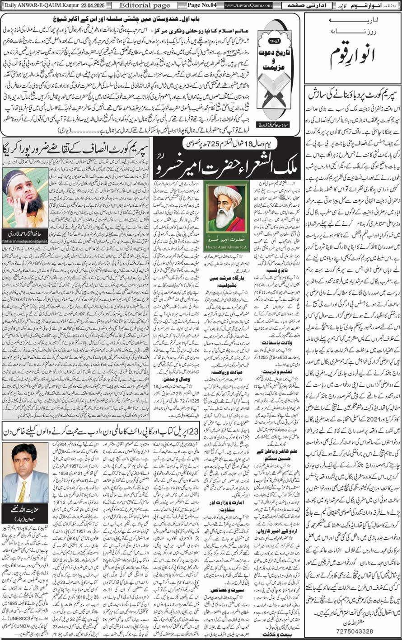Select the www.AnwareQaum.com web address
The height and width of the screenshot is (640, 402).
coord(248,5)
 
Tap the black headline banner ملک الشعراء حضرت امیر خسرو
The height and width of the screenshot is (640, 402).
coord(226,163)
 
